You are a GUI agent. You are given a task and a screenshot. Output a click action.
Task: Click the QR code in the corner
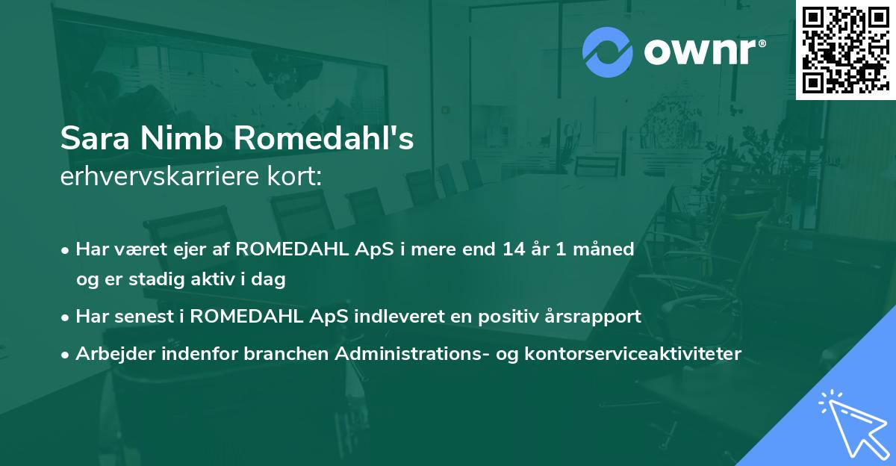(x=845, y=49)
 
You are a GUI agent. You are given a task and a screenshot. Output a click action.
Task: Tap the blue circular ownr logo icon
(x=607, y=52)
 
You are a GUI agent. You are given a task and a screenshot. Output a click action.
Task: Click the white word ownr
(x=700, y=52)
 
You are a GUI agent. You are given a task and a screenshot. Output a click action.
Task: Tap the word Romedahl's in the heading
(x=323, y=138)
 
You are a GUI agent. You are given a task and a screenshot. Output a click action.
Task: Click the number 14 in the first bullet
(x=514, y=249)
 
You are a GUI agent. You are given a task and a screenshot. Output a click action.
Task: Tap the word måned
(x=603, y=249)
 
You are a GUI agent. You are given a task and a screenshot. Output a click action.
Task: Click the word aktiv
(x=213, y=279)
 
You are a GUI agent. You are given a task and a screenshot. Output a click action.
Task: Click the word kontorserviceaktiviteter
(x=633, y=353)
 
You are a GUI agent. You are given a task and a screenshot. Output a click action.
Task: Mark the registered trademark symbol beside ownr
(x=762, y=43)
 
